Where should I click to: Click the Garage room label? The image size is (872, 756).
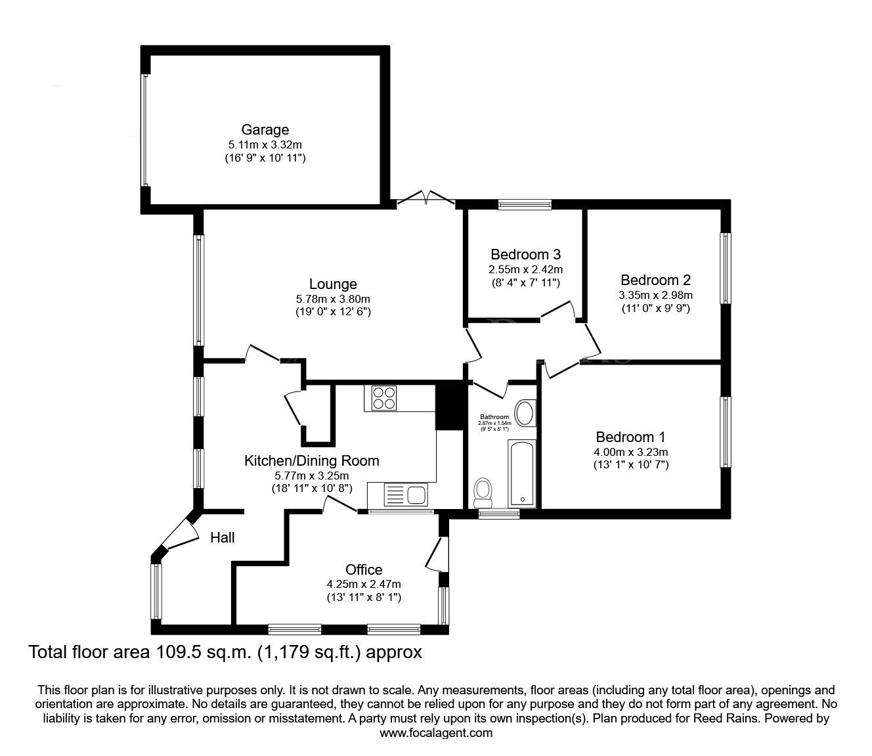coord(265,130)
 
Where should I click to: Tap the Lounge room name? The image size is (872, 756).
coord(333,284)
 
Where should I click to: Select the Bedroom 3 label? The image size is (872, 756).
coord(525,254)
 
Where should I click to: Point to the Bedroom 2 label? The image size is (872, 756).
coord(655,280)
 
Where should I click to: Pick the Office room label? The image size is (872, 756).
coord(364,569)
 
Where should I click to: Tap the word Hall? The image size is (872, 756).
coord(223,538)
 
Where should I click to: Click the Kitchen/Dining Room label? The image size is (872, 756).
coord(312,460)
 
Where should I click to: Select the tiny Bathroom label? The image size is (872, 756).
coord(494,417)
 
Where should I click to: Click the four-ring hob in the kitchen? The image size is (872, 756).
coord(384,397)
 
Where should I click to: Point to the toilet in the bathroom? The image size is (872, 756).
coord(483,490)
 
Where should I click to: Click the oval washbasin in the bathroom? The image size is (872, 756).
coord(525,413)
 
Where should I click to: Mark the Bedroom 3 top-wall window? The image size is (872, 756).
coord(524,205)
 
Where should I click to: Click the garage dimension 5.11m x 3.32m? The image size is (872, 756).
coord(265,145)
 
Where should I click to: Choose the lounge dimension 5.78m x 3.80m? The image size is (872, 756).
coord(333,299)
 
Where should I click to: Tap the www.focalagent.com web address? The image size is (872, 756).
coord(436,732)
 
